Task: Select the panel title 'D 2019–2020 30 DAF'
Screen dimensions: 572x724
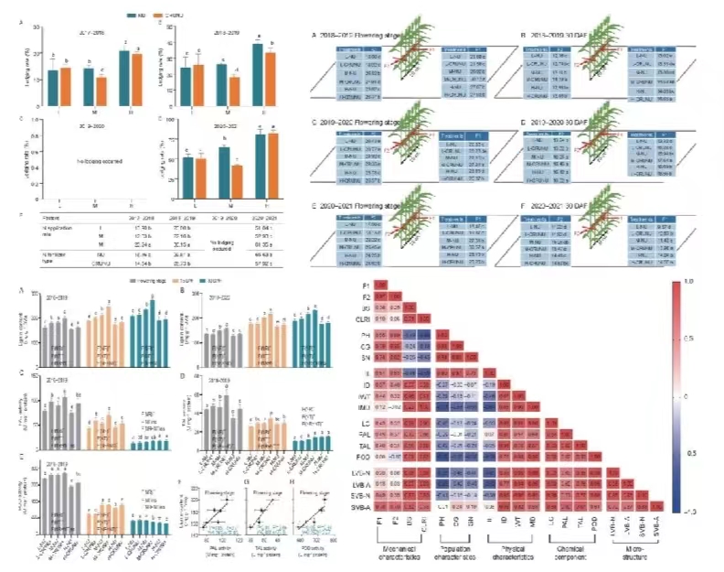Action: pos(559,121)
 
